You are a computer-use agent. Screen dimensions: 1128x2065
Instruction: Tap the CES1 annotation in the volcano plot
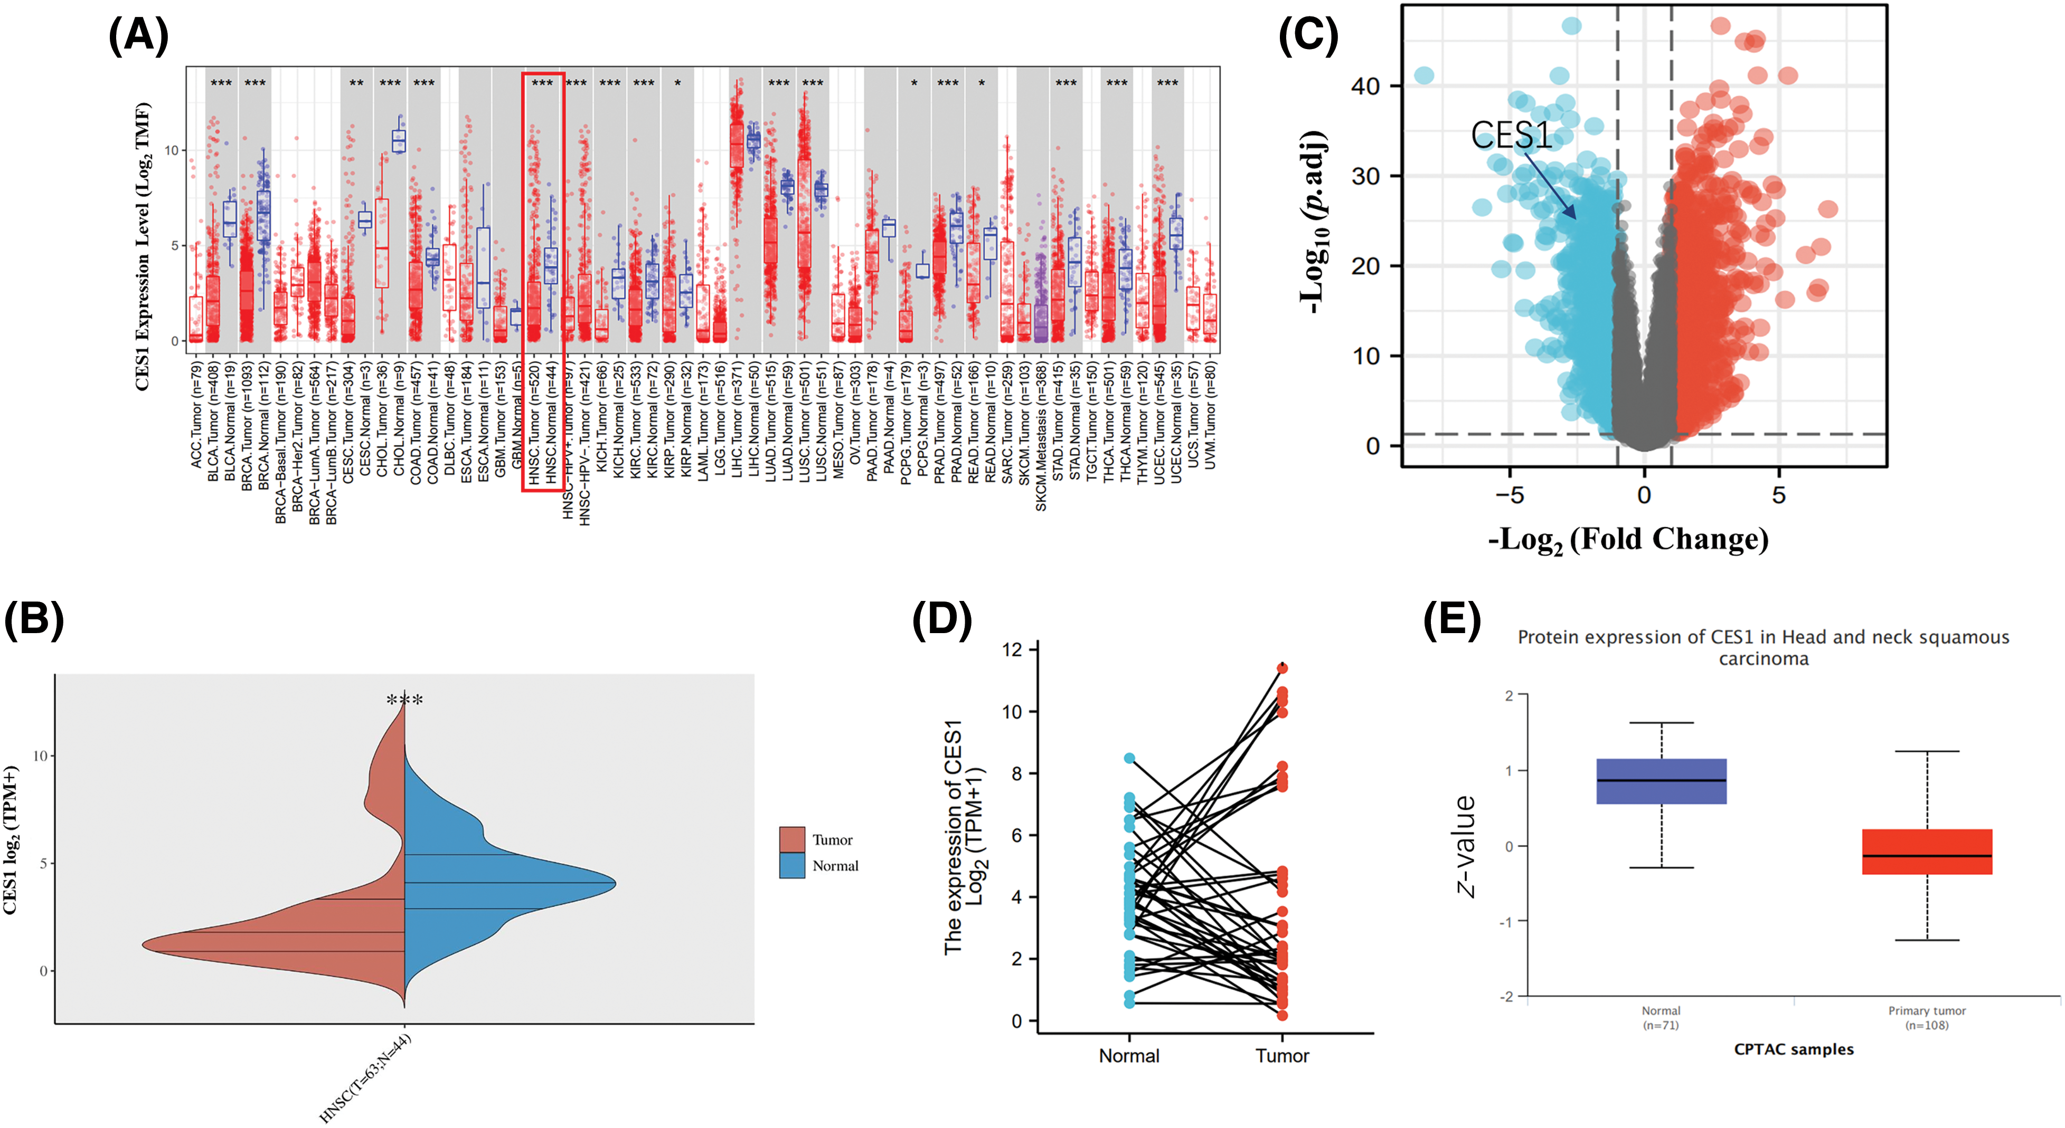click(x=1511, y=135)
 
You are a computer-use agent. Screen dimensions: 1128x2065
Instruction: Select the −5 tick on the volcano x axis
click(x=1510, y=495)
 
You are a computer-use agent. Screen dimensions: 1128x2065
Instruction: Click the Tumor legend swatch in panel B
click(x=792, y=839)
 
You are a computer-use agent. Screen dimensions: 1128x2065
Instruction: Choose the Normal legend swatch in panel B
click(x=792, y=865)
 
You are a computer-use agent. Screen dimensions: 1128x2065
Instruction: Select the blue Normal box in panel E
click(x=1661, y=781)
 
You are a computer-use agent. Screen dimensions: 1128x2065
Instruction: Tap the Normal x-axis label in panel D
click(x=1129, y=1056)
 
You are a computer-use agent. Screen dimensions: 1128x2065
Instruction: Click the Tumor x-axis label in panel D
click(x=1282, y=1056)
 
